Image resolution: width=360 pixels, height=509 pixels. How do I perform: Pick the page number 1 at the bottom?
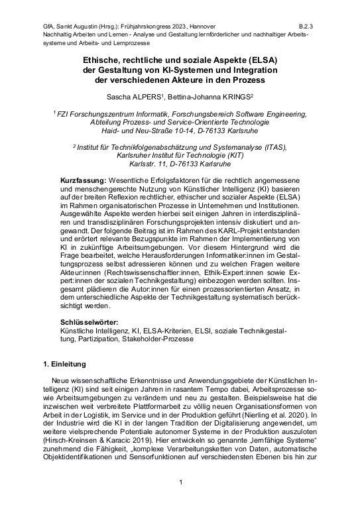(x=180, y=482)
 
